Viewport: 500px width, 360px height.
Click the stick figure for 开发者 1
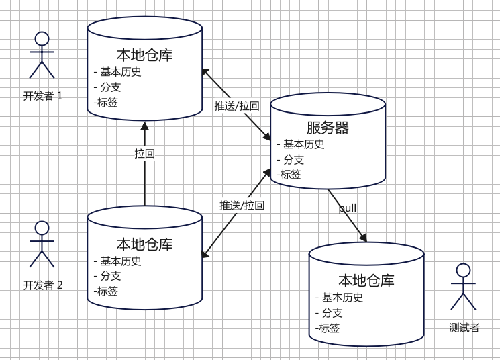pos(42,55)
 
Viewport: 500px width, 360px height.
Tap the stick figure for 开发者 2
pos(42,244)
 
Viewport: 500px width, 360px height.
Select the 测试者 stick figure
pos(463,287)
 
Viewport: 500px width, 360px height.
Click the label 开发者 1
pos(43,96)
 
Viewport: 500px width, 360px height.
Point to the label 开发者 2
pos(43,285)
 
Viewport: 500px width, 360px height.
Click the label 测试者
pos(464,328)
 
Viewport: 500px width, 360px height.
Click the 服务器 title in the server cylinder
pos(328,128)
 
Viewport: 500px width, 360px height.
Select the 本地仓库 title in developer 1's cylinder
pos(144,55)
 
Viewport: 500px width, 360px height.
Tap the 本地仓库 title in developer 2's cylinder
pos(144,244)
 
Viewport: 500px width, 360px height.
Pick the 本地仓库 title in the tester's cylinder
pos(366,281)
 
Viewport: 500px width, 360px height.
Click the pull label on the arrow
pos(348,208)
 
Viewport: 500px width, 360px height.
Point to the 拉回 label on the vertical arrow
pos(144,154)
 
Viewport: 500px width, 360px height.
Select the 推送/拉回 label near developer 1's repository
pos(236,106)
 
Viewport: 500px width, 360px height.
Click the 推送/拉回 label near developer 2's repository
pos(242,206)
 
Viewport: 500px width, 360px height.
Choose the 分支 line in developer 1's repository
pos(110,87)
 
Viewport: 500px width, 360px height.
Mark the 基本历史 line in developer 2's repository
pos(121,261)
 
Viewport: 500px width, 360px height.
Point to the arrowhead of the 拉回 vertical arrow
pos(144,125)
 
